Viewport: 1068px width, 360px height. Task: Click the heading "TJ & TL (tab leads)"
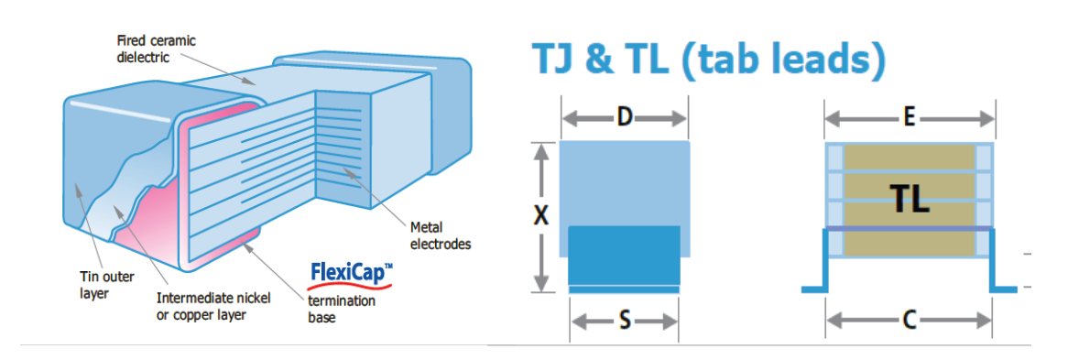pyautogui.click(x=709, y=60)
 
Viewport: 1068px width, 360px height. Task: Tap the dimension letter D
pyautogui.click(x=624, y=118)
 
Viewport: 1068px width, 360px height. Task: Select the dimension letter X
pyautogui.click(x=540, y=216)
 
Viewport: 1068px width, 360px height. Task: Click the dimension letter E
pyautogui.click(x=910, y=118)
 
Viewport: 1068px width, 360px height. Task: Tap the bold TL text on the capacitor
pyautogui.click(x=909, y=198)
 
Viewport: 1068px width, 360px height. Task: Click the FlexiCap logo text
pyautogui.click(x=351, y=272)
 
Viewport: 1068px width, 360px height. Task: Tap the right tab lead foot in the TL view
pyautogui.click(x=1004, y=289)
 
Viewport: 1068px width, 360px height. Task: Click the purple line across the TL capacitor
pyautogui.click(x=909, y=228)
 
